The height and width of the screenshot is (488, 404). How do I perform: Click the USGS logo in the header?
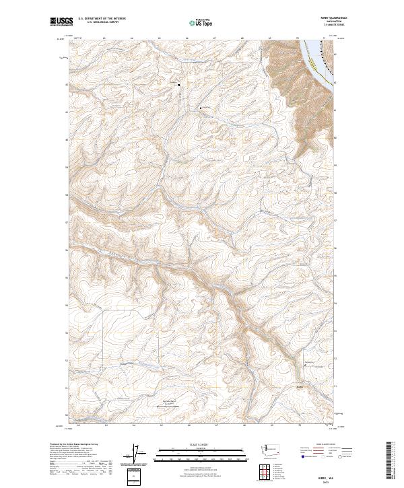(x=59, y=22)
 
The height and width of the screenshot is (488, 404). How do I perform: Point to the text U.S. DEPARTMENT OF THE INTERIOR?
(x=105, y=19)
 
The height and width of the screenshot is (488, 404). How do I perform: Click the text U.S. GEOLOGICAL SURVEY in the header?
(x=105, y=23)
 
